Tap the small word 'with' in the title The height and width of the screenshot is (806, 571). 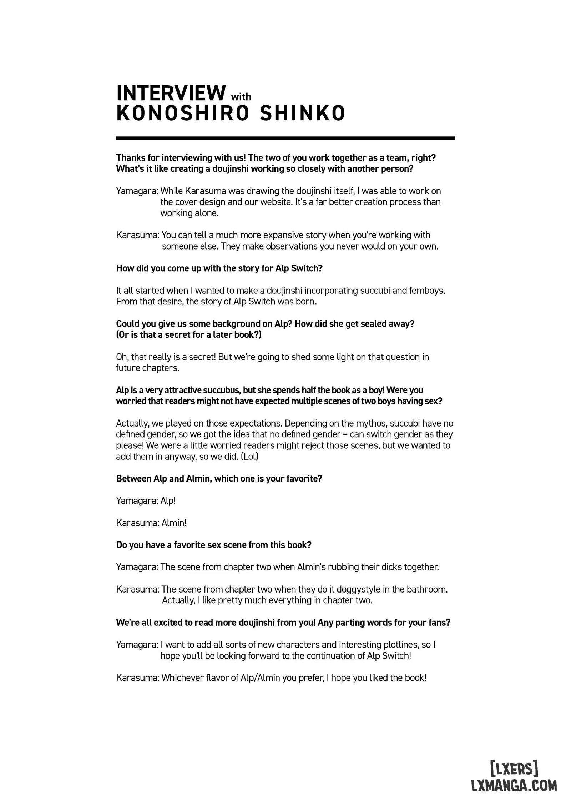[x=241, y=97]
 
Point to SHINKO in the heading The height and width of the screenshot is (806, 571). [x=303, y=114]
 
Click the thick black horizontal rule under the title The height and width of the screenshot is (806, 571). [x=285, y=138]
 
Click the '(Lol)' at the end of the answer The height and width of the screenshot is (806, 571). [x=249, y=457]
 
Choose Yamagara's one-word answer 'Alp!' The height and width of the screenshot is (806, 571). [x=168, y=501]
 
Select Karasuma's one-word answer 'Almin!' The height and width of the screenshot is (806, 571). [x=174, y=523]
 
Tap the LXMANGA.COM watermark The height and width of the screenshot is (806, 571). [x=514, y=785]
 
